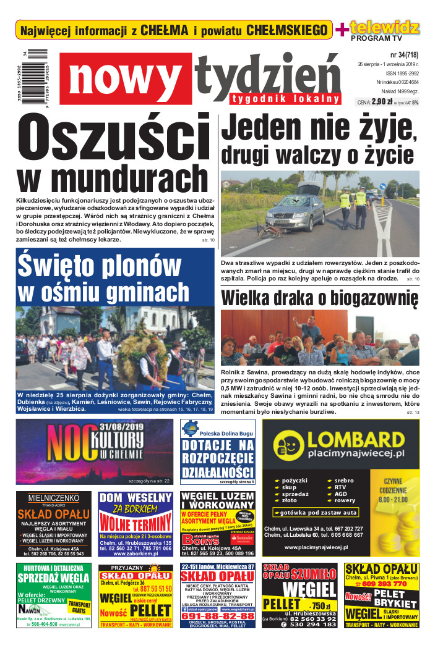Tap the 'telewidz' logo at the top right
384,27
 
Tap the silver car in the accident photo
296,207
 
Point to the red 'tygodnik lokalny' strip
286,98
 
